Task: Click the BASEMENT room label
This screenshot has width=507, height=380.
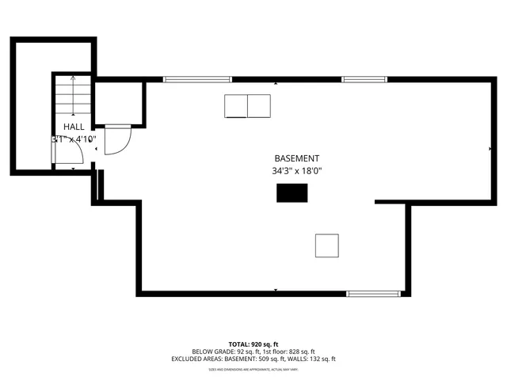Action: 297,158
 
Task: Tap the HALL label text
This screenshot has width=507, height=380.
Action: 74,127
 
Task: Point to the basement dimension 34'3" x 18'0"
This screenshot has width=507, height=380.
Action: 297,170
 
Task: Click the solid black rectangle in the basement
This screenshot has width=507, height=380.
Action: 292,192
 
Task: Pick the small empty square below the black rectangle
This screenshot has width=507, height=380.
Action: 327,245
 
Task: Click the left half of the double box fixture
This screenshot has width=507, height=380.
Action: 236,106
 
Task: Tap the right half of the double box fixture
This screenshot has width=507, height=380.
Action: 259,106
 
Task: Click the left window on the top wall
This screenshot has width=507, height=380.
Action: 197,79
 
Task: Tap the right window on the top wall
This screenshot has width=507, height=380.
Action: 364,79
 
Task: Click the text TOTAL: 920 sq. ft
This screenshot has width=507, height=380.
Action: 253,344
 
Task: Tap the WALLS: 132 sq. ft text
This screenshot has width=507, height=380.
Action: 311,359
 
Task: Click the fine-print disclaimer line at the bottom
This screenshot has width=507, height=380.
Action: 253,369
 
